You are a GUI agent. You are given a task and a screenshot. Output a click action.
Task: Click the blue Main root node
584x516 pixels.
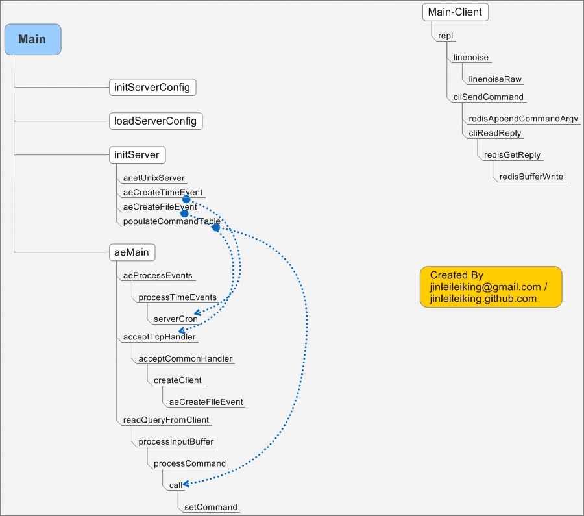(x=32, y=39)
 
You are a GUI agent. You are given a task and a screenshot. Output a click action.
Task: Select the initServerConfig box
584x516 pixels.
(x=152, y=87)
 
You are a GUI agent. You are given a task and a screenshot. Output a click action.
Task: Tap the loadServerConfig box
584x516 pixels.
(x=156, y=121)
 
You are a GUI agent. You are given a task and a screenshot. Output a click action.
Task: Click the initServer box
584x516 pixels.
(x=137, y=154)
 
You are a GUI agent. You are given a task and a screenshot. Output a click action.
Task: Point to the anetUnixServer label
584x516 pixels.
(x=154, y=178)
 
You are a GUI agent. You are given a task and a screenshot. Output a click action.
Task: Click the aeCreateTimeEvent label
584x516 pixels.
(x=162, y=192)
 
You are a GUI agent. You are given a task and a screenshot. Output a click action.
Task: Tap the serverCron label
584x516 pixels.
(x=175, y=319)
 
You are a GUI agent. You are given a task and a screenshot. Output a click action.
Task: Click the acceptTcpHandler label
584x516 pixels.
(x=159, y=337)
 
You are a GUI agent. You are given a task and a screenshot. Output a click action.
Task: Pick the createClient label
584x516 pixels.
(x=177, y=380)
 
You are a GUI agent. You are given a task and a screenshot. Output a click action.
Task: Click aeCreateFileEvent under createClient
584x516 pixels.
(x=206, y=402)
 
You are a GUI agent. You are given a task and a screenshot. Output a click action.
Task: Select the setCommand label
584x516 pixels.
(x=210, y=507)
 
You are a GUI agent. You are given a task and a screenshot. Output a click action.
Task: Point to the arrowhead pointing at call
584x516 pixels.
(x=186, y=484)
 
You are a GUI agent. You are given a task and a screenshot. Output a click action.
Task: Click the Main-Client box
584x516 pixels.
(x=455, y=12)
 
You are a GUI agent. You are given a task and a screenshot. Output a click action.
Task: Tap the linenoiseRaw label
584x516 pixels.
(x=495, y=79)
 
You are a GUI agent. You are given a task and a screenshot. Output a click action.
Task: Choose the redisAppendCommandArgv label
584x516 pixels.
(x=523, y=119)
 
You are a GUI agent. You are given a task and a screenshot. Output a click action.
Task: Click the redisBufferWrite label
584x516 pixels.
(x=531, y=177)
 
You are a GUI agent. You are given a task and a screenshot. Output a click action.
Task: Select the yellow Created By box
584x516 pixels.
(x=491, y=286)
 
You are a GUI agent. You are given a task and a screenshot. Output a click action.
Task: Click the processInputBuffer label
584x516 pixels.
(x=176, y=441)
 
